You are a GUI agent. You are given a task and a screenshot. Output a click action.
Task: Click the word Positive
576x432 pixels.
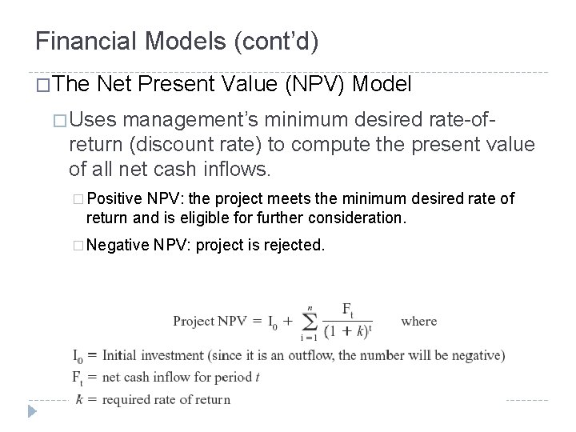tap(122, 198)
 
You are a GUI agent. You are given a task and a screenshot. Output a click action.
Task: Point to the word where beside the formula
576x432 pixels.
tap(418, 322)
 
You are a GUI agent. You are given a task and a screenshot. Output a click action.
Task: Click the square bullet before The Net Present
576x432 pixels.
tap(43, 85)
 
